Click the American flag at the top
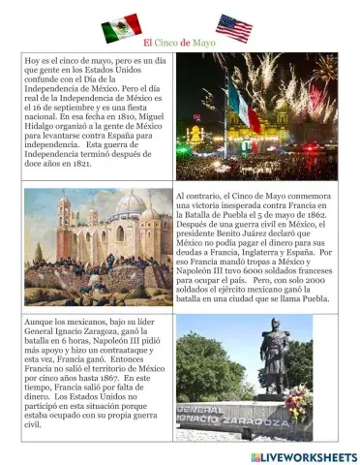(x=233, y=27)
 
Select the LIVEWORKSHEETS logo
(x=303, y=456)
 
